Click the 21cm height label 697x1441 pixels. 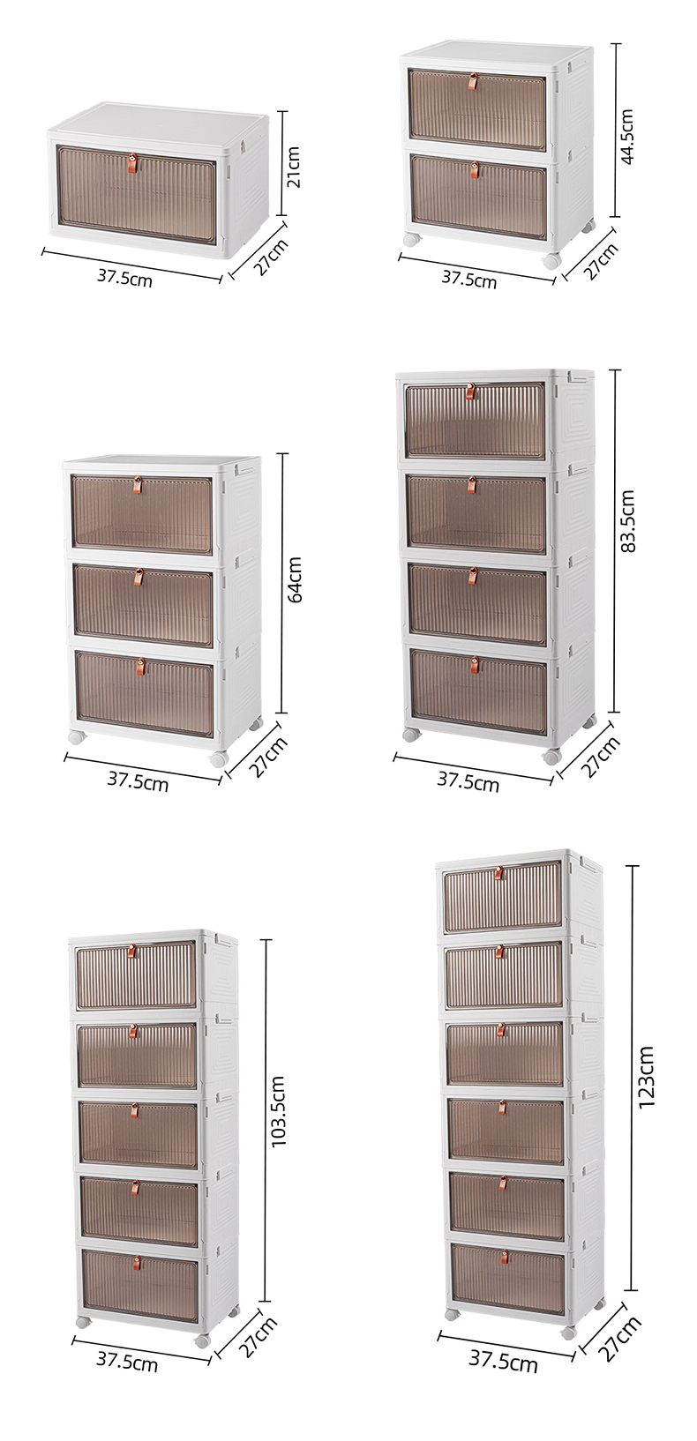tap(294, 166)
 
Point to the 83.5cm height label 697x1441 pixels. tap(627, 521)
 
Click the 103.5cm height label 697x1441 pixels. tap(279, 1111)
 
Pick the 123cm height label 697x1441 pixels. tap(646, 1077)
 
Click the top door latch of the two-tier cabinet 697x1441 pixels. tap(473, 82)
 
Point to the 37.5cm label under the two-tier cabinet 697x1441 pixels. tap(469, 280)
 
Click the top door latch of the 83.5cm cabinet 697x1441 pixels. tap(470, 391)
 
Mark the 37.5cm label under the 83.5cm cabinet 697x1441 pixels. tap(468, 780)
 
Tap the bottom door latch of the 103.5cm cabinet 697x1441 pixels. tap(137, 1263)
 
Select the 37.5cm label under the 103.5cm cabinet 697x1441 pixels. tap(127, 1362)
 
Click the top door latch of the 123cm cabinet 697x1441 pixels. tap(498, 873)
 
